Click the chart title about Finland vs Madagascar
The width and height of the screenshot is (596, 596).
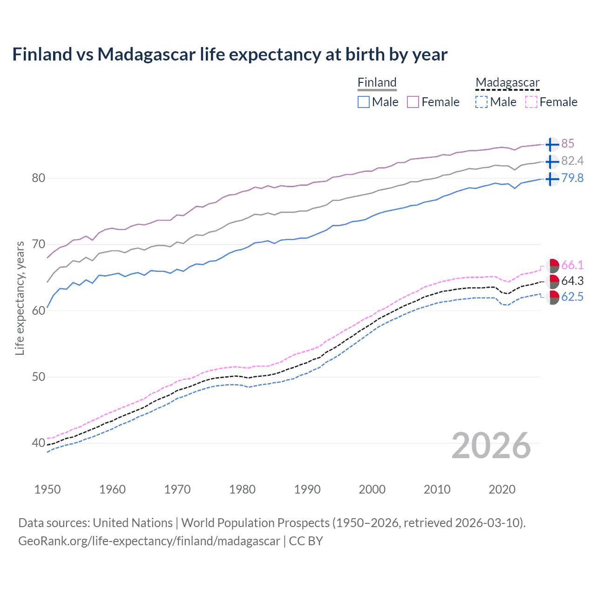pos(230,54)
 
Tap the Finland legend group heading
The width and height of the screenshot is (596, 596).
pos(377,82)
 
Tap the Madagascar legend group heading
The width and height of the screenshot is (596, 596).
pos(507,82)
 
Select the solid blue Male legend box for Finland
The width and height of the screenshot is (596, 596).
pos(364,102)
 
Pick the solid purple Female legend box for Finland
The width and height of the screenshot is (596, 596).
pos(413,102)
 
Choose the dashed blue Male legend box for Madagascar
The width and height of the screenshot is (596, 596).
pos(481,102)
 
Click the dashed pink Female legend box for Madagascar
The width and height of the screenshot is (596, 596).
pos(531,102)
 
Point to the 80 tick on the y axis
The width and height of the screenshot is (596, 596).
pos(39,178)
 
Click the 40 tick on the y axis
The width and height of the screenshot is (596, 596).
pos(39,443)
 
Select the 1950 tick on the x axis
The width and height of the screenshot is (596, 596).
pos(47,489)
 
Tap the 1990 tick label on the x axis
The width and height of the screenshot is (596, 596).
pos(307,489)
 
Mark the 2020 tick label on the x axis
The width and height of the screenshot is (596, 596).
pos(502,489)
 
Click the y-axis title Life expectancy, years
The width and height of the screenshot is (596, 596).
pos(20,298)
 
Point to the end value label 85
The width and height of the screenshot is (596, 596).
pos(568,143)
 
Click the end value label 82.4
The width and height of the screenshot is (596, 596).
pos(572,161)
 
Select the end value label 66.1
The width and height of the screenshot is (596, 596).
pos(572,265)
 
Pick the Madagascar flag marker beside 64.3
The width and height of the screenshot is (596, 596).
pos(552,281)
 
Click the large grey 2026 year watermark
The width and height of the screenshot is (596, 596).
pos(491,446)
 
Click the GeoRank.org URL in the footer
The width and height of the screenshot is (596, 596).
pos(149,541)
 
